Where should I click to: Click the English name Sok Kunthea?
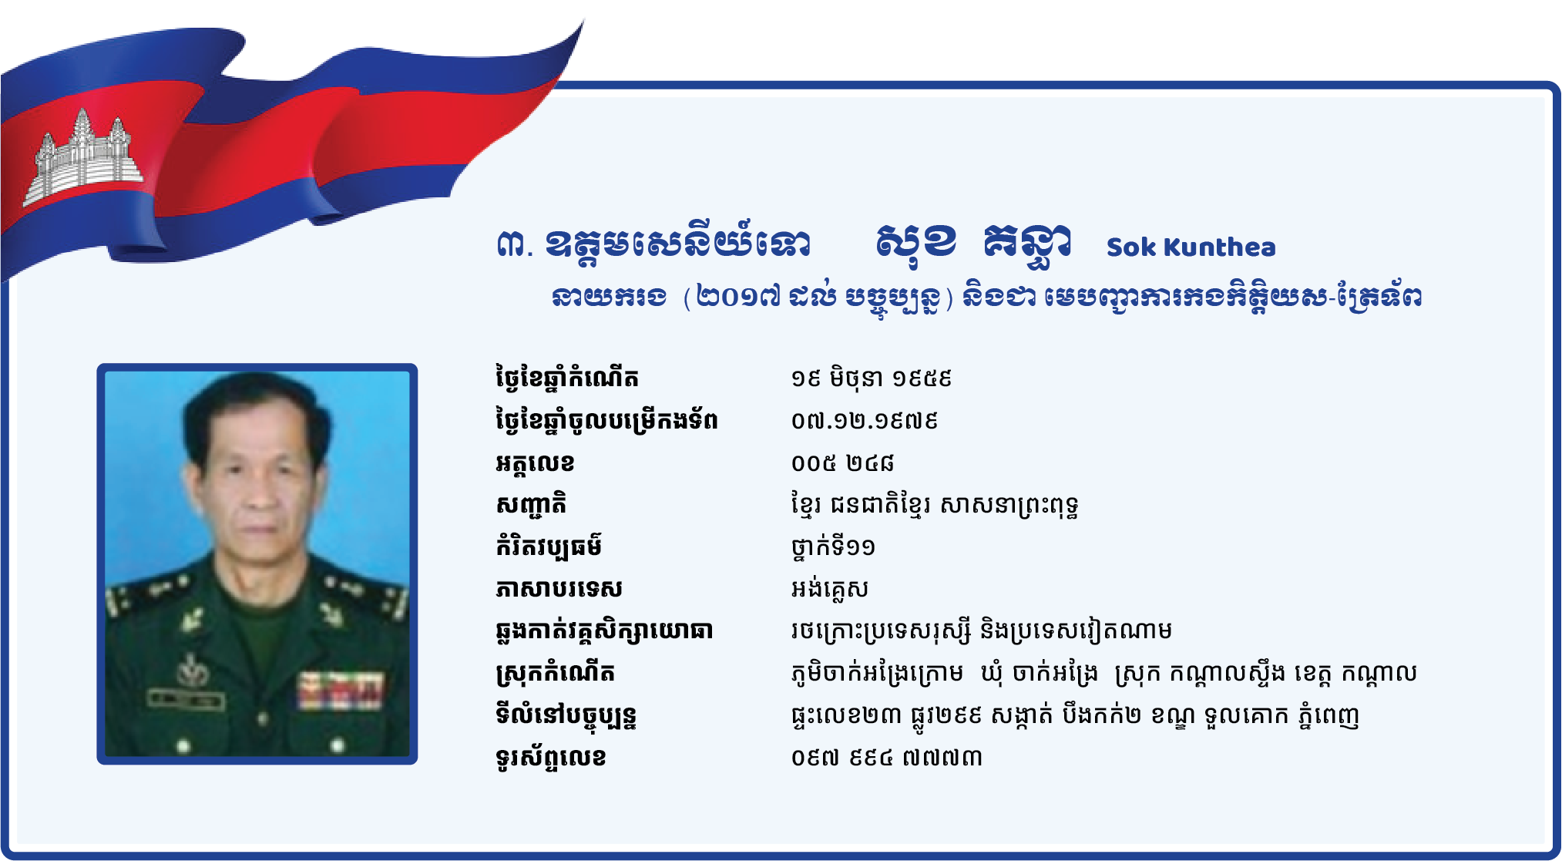pyautogui.click(x=1191, y=247)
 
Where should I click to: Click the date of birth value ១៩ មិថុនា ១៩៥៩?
pyautogui.click(x=872, y=378)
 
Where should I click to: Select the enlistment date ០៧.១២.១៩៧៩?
pyautogui.click(x=864, y=421)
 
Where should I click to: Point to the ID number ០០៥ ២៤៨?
pyautogui.click(x=842, y=462)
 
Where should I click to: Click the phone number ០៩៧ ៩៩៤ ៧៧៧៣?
pyautogui.click(x=886, y=758)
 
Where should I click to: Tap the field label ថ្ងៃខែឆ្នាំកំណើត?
pyautogui.click(x=567, y=378)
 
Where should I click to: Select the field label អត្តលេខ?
pyautogui.click(x=535, y=463)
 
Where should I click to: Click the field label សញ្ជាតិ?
pyautogui.click(x=531, y=505)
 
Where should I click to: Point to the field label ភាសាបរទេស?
pyautogui.click(x=559, y=589)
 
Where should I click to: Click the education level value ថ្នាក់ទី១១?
pyautogui.click(x=833, y=547)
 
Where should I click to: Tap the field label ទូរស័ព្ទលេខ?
pyautogui.click(x=551, y=758)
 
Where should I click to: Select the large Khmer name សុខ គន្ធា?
pyautogui.click(x=973, y=244)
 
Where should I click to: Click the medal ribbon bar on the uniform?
pyautogui.click(x=341, y=689)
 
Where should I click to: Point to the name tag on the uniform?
pyautogui.click(x=186, y=700)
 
